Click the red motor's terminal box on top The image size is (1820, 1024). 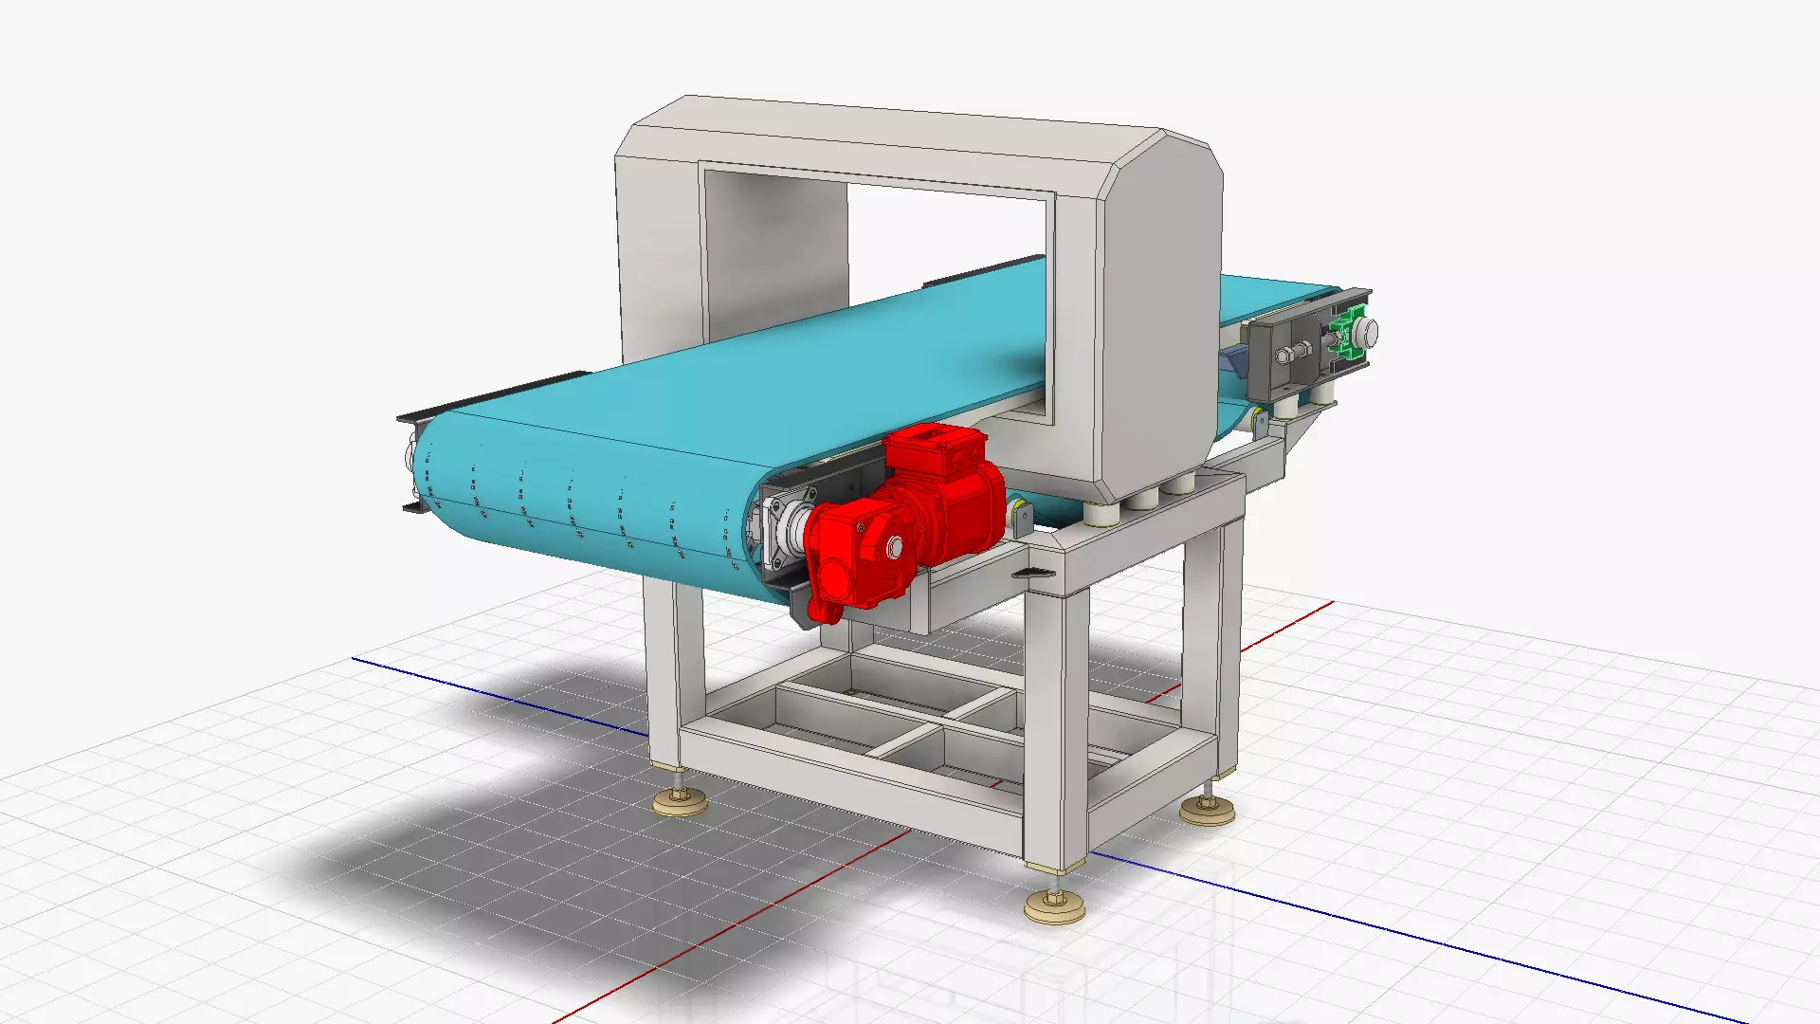(x=934, y=446)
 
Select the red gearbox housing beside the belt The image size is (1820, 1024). (x=853, y=559)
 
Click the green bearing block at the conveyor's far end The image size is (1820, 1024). (x=1344, y=338)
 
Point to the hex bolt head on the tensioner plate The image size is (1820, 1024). (x=1285, y=357)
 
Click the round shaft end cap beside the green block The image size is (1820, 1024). (x=1367, y=332)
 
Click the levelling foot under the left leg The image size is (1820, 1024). (x=680, y=802)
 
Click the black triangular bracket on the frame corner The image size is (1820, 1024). (x=1033, y=572)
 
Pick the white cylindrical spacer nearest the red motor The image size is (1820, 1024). (x=1100, y=512)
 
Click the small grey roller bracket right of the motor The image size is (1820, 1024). (x=1022, y=517)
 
